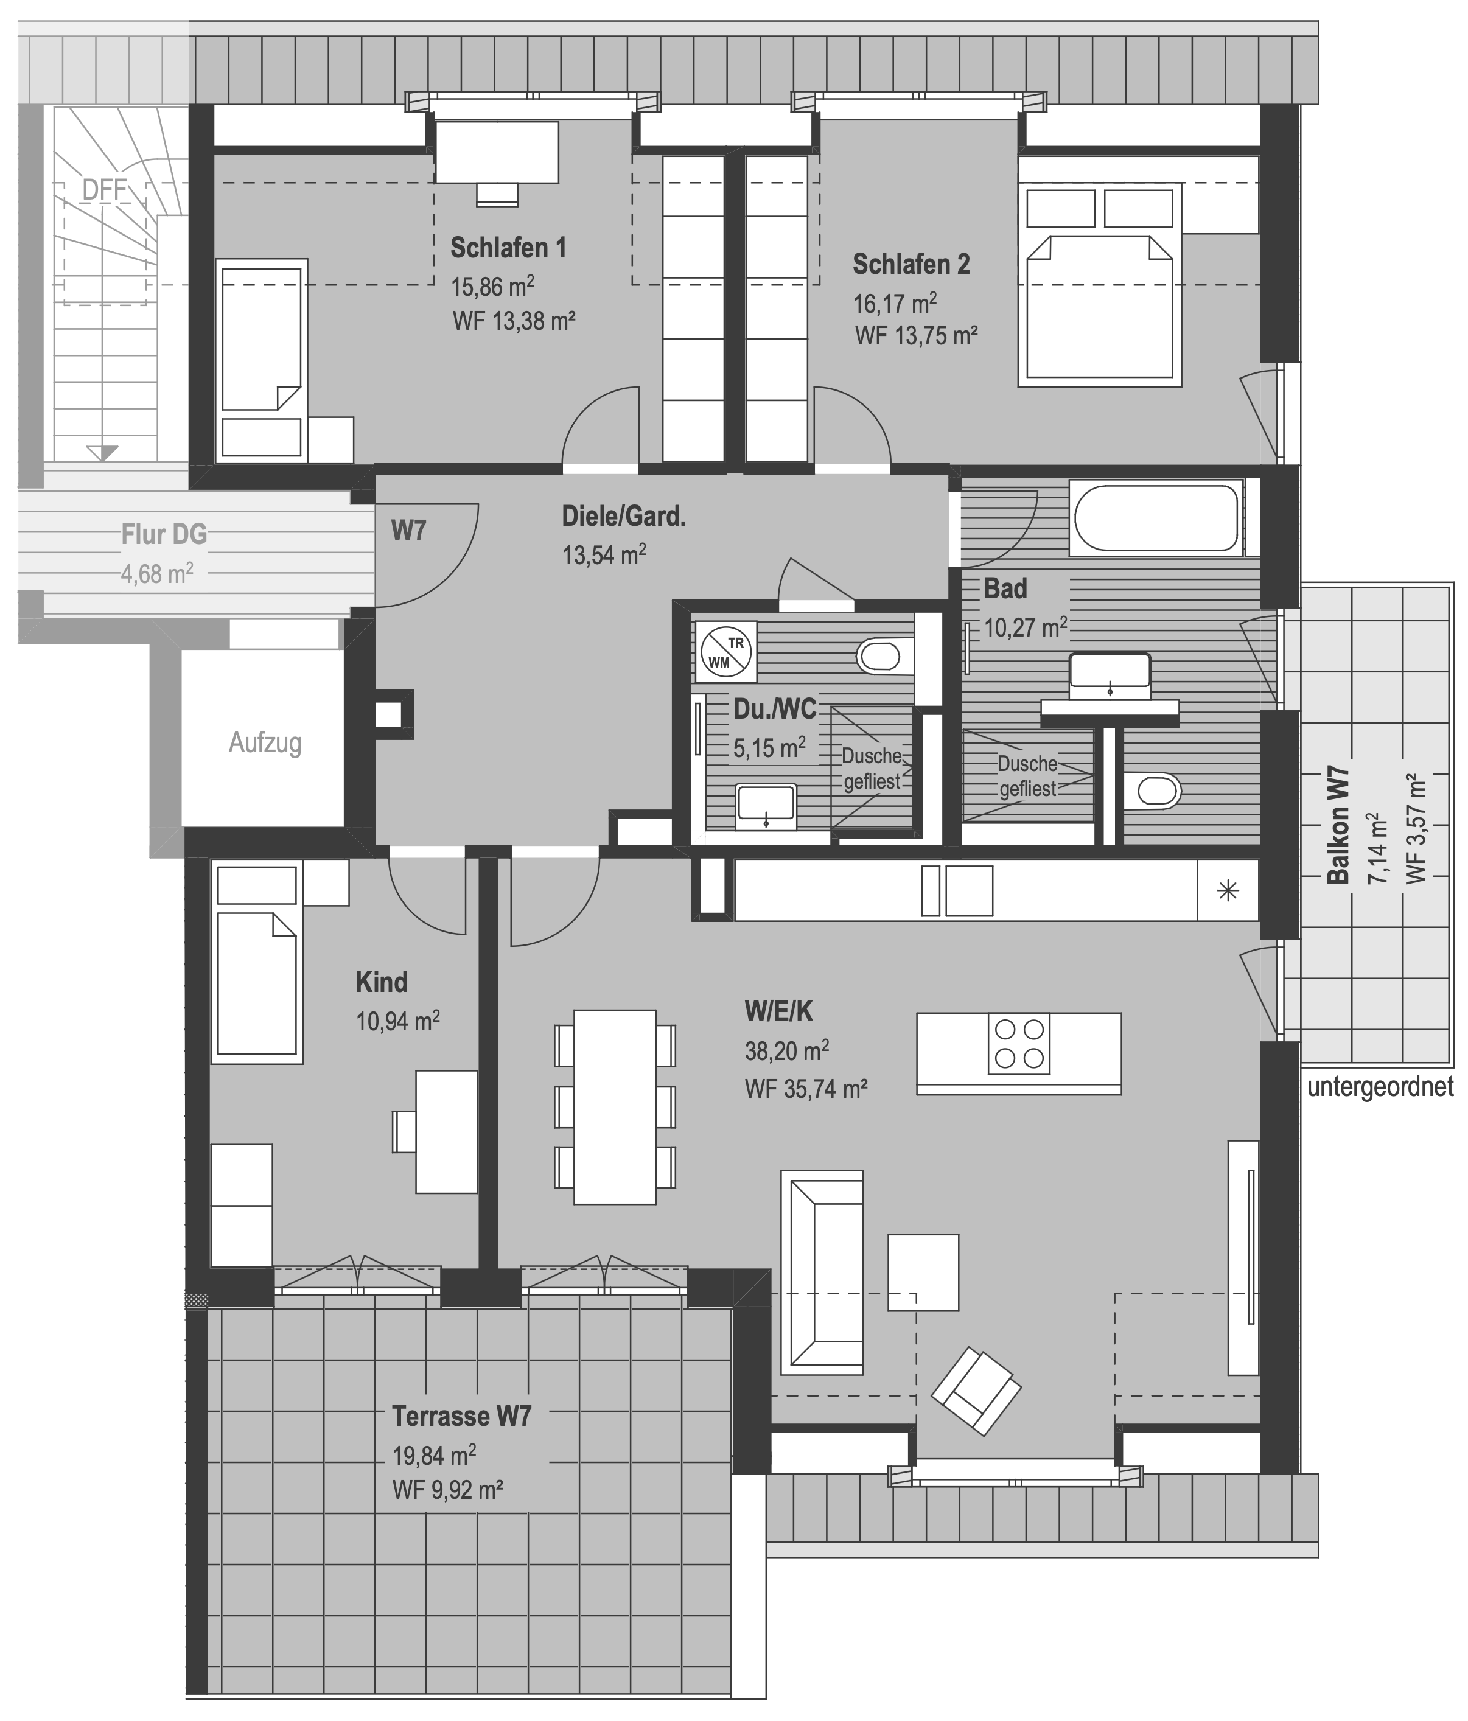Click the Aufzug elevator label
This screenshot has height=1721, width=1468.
(265, 742)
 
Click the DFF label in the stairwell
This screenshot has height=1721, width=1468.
(105, 190)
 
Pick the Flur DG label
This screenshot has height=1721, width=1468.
(164, 534)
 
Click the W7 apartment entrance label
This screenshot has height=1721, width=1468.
(409, 530)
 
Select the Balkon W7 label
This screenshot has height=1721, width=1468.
(1338, 824)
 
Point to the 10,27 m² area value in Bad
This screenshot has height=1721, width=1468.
(1025, 626)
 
